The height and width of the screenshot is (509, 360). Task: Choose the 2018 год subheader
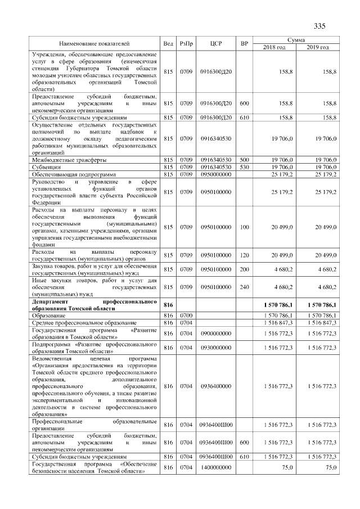pyautogui.click(x=274, y=47)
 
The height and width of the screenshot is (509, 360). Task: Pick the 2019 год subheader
pyautogui.click(x=318, y=47)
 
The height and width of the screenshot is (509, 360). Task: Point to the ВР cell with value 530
pyautogui.click(x=244, y=167)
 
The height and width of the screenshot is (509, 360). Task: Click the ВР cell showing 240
pyautogui.click(x=244, y=286)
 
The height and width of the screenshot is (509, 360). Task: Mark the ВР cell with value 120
pyautogui.click(x=244, y=255)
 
